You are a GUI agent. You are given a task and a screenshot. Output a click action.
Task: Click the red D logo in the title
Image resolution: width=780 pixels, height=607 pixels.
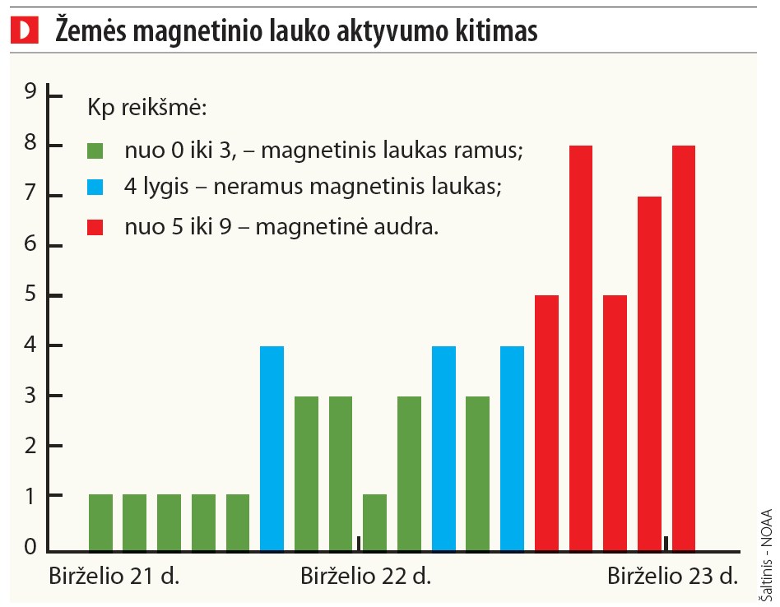point(26,31)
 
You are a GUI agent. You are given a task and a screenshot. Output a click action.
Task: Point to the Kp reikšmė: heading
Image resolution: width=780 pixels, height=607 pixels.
point(146,108)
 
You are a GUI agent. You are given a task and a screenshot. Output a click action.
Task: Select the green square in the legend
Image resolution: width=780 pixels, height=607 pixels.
point(96,151)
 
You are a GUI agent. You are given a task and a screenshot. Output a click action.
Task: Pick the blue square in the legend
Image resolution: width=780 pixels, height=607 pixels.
point(96,188)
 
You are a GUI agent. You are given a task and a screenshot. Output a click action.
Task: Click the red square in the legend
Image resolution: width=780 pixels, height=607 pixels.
point(96,225)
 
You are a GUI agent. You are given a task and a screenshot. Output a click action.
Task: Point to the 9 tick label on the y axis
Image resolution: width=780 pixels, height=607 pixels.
point(30,93)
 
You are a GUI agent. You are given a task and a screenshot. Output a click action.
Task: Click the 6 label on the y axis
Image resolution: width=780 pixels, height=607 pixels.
point(30,245)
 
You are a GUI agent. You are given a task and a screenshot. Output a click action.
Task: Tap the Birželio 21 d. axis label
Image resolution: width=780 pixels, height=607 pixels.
point(114,576)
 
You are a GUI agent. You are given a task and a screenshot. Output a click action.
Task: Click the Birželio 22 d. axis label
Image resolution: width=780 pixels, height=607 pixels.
point(365,576)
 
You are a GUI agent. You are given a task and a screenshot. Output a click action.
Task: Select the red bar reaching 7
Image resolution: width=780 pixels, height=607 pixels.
point(649,373)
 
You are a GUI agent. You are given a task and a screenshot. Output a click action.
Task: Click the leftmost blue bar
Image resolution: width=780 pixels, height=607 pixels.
point(272,448)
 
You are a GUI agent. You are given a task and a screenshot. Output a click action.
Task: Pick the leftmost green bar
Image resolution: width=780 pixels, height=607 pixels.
point(100,522)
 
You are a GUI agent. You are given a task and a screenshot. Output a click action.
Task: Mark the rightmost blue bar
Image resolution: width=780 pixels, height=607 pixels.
point(512,448)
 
